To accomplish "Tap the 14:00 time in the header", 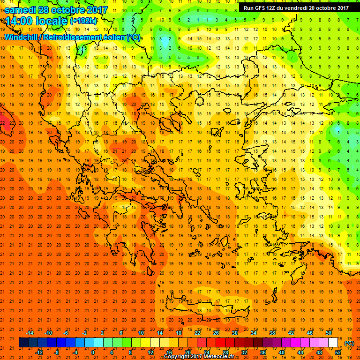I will point(18,21).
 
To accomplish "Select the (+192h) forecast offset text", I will point(84,21).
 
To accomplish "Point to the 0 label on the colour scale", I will point(93,352).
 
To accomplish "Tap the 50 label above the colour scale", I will point(329,333).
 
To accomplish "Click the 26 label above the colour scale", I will point(216,333).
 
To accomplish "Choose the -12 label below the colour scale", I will point(39,352).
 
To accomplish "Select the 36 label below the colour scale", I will point(263,352).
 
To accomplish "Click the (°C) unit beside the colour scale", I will point(349,343).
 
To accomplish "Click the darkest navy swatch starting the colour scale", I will point(23,343).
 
